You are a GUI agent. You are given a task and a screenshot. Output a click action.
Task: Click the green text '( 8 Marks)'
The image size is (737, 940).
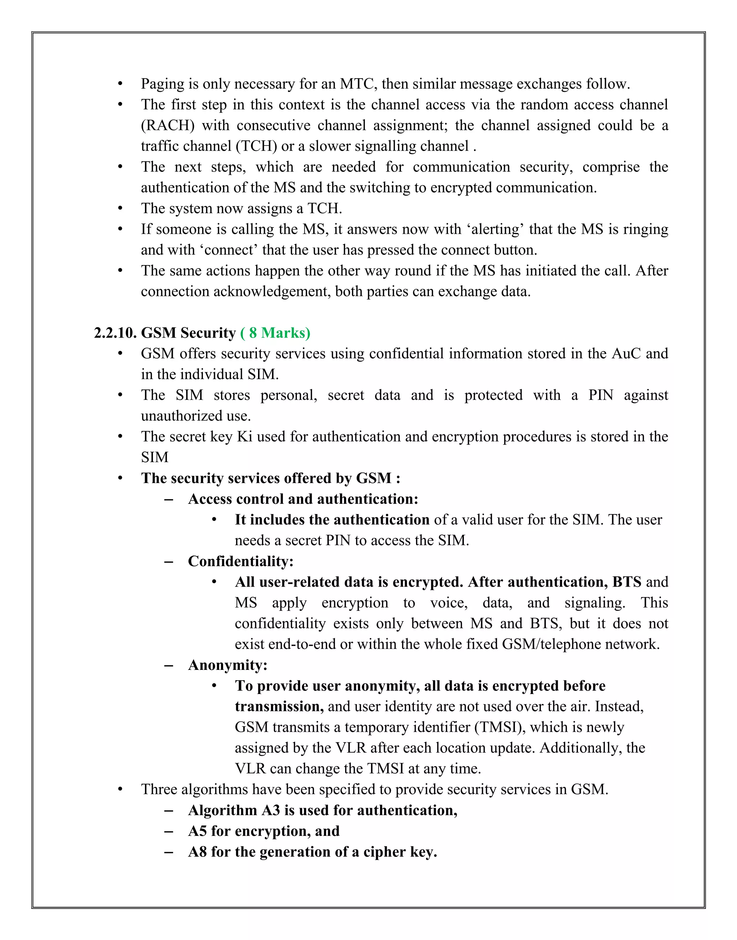(x=275, y=333)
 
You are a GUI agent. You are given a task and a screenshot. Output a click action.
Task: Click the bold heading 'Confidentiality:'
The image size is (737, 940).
(x=241, y=561)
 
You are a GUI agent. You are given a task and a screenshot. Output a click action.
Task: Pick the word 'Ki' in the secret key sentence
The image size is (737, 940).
(x=245, y=437)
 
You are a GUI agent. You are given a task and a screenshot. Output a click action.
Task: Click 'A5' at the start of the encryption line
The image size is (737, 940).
(x=197, y=831)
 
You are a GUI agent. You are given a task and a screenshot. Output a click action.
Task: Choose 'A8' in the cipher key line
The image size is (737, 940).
(x=197, y=852)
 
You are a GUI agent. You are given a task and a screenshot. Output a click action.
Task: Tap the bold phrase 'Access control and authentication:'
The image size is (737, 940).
(x=303, y=499)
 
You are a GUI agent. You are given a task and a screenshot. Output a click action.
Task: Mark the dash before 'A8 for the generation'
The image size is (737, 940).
(x=169, y=852)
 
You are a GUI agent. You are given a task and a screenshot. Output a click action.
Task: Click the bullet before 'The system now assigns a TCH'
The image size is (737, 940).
(x=121, y=209)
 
